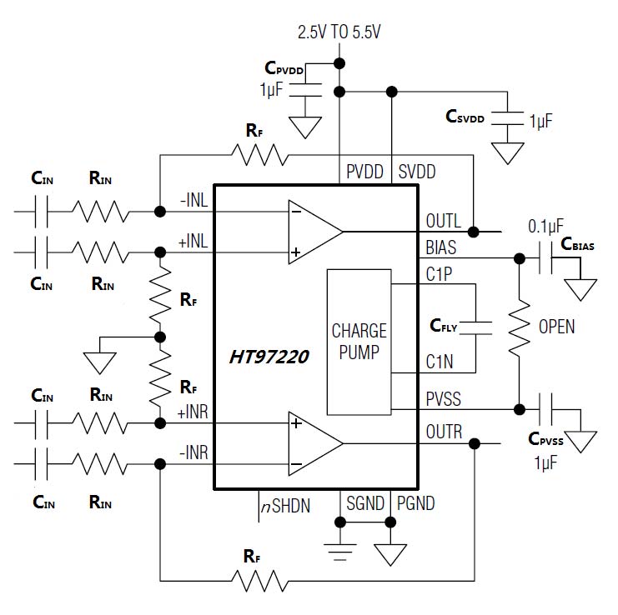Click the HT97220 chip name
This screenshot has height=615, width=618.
click(268, 357)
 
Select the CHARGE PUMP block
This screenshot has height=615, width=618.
click(359, 341)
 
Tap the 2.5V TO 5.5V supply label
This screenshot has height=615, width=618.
click(339, 32)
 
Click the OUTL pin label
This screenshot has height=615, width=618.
click(442, 222)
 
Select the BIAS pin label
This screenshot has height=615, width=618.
click(441, 247)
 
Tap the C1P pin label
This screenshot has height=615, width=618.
click(438, 274)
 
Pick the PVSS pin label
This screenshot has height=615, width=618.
click(442, 400)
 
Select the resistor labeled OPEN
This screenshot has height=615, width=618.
click(518, 326)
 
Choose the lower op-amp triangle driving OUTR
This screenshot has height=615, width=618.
click(313, 444)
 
